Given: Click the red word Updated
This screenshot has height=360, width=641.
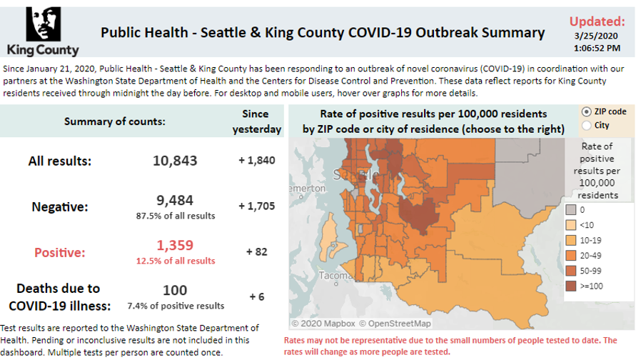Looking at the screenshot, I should [x=597, y=21].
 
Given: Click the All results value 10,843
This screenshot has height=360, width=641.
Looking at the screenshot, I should [x=175, y=161].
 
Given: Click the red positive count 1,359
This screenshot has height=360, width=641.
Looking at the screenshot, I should [x=175, y=246].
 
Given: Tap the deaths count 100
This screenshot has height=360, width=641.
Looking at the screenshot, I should [x=175, y=290].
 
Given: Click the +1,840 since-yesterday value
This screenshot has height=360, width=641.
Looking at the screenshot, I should [x=256, y=161].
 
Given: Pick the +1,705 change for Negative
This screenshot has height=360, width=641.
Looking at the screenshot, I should [x=256, y=206].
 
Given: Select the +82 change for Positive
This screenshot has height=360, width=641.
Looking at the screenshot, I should [x=256, y=251].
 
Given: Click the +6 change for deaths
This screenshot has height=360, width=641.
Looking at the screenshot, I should [x=256, y=296].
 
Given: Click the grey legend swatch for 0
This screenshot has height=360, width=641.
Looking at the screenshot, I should [x=571, y=210].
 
